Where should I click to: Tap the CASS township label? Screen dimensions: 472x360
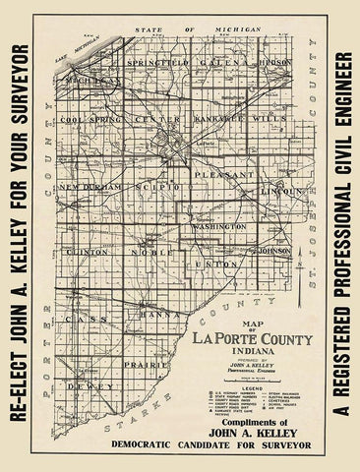78,322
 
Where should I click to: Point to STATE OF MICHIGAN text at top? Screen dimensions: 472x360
201,30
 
